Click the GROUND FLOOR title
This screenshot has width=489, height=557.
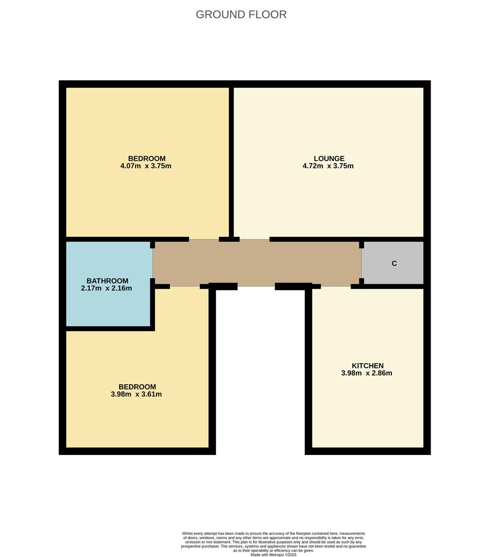[x=241, y=14]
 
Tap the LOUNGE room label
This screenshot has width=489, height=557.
[x=329, y=158]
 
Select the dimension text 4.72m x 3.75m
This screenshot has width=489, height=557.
[x=328, y=166]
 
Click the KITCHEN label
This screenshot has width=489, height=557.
[x=367, y=366]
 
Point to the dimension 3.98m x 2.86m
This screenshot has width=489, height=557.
[x=367, y=373]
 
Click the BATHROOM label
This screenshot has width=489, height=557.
[x=107, y=281]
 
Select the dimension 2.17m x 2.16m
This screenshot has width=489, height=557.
[x=106, y=288]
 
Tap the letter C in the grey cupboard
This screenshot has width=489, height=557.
[x=394, y=264]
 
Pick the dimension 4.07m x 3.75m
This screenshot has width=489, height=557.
[x=146, y=166]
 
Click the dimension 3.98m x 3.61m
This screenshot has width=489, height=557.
[x=136, y=395]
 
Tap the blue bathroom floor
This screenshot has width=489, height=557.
[x=108, y=309]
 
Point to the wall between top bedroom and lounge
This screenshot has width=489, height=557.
[x=231, y=160]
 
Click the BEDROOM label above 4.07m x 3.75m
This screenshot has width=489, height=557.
[x=147, y=158]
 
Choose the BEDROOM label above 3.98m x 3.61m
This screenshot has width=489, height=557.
[x=137, y=387]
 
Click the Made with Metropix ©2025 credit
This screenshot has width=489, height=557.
[x=274, y=555]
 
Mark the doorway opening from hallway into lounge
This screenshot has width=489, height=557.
[x=255, y=239]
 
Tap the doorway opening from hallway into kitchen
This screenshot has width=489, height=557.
[x=336, y=286]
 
